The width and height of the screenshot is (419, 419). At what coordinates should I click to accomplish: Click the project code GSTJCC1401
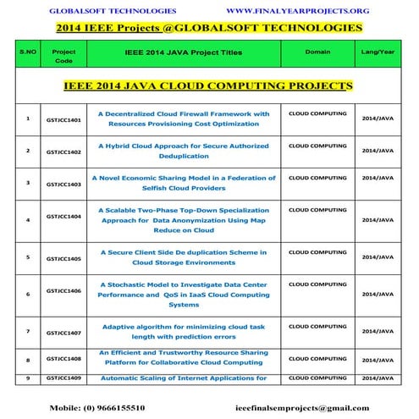[x=64, y=121]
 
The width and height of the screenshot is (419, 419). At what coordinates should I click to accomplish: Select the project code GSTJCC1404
[x=64, y=218]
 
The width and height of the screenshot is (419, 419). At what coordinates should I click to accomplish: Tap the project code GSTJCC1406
[x=64, y=289]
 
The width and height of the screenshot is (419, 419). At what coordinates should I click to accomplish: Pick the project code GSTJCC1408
[x=64, y=358]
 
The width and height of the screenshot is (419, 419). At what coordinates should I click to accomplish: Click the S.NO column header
[x=28, y=52]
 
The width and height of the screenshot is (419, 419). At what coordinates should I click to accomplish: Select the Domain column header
[x=317, y=52]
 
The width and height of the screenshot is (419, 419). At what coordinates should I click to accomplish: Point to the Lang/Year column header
[x=378, y=52]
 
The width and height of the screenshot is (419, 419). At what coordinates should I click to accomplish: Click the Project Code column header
[x=64, y=57]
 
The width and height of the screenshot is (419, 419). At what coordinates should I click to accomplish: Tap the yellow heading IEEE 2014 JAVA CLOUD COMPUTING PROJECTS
[x=208, y=86]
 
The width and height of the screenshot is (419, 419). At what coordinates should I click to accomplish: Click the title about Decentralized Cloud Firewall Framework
[x=184, y=118]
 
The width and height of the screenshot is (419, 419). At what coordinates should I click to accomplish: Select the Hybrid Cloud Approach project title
[x=184, y=150]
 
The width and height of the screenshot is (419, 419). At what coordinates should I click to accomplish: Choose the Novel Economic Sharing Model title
[x=184, y=182]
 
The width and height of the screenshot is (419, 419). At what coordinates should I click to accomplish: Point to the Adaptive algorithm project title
[x=184, y=331]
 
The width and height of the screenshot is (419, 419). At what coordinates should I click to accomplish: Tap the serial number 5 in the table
[x=28, y=256]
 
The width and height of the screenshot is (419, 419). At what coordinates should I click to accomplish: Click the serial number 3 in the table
[x=28, y=182]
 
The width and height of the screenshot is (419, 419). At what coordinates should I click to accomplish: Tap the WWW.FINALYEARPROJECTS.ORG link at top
[x=286, y=11]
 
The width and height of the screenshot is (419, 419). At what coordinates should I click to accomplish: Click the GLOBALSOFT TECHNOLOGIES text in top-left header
[x=112, y=11]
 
